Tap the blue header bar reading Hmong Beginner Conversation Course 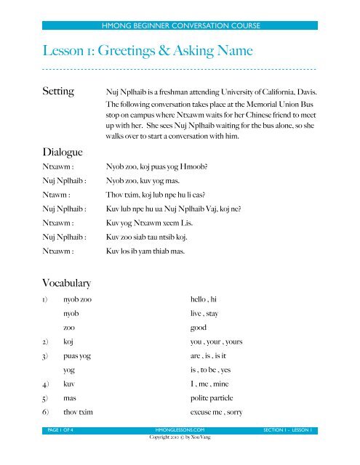tap(180, 26)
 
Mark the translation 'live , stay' tap(208, 313)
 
